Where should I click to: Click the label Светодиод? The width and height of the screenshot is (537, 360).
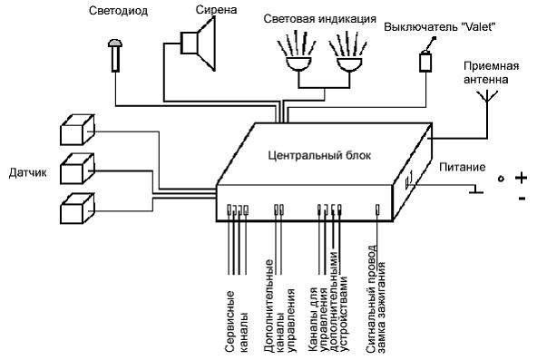coord(118,11)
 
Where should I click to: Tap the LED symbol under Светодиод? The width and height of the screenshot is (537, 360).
coord(115,55)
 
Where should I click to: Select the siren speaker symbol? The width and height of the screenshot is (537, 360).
coord(198,44)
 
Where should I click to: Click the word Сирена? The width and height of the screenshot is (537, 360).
coord(216,10)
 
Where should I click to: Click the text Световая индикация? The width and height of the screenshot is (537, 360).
coord(319,19)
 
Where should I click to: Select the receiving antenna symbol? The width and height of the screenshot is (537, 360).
coord(487,97)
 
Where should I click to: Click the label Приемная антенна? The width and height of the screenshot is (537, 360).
coord(491,73)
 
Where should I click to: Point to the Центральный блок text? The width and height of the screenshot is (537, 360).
coord(319,156)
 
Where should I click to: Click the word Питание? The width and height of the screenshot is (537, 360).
coord(463,167)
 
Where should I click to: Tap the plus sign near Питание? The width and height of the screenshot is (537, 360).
coord(521,178)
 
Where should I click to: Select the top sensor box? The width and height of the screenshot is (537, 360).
coord(77,130)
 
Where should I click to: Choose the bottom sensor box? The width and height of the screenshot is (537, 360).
coord(77,209)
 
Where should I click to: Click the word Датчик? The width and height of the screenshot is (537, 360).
coord(28,172)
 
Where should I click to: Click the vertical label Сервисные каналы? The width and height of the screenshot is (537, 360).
coord(237,321)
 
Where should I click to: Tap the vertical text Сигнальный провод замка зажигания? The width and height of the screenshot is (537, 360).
coord(376,298)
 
